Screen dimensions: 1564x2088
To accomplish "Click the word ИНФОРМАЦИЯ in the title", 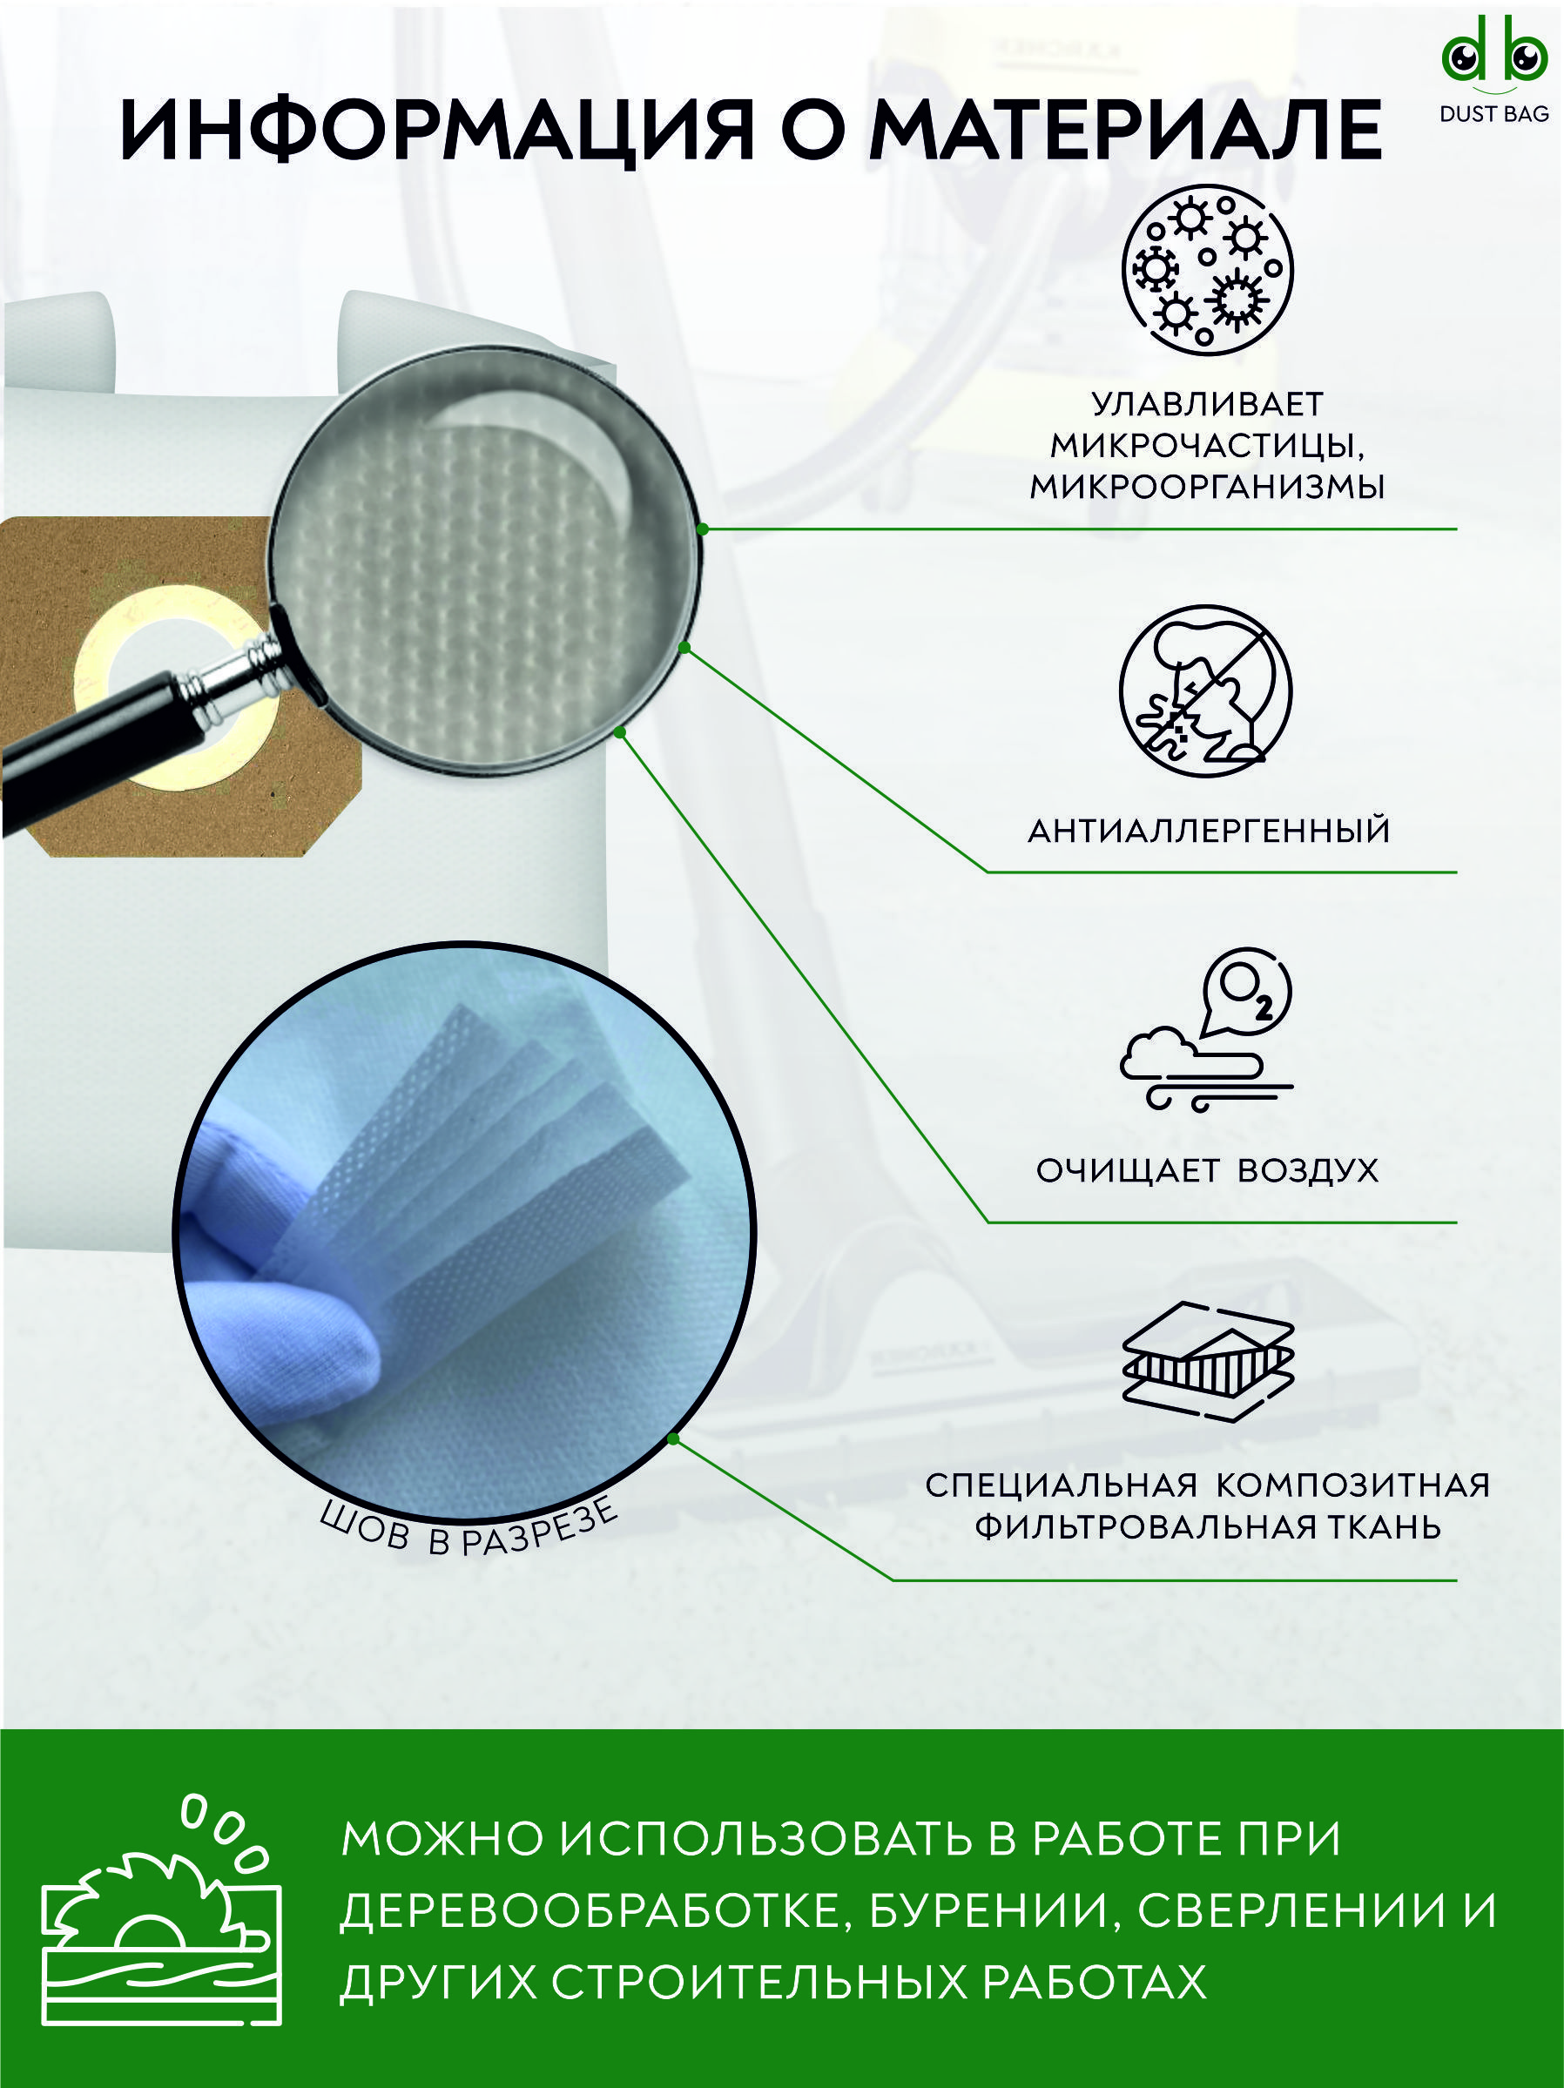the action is tap(436, 130).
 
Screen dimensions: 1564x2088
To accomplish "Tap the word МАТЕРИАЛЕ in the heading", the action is tap(1126, 130).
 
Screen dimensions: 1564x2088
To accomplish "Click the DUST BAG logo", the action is tap(1494, 81).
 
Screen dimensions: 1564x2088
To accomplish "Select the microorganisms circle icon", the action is tap(1207, 270).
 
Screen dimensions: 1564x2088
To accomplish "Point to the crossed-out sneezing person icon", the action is tap(1206, 692).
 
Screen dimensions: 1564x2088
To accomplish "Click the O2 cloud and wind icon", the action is tap(1207, 1031).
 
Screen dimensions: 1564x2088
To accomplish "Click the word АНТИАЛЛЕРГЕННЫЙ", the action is tap(1209, 832).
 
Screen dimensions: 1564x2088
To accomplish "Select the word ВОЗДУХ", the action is tap(1307, 1171).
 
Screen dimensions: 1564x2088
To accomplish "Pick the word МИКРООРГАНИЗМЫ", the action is tap(1207, 487).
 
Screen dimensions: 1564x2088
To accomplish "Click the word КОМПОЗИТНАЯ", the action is tap(1352, 1485).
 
